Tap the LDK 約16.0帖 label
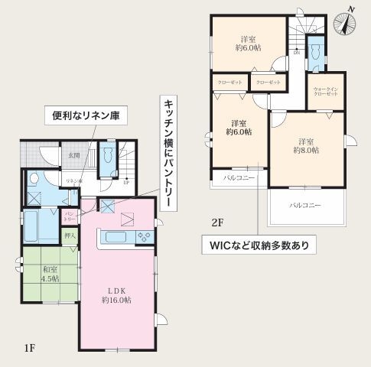(116, 295)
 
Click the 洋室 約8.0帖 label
(306, 146)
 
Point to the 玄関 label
(74, 155)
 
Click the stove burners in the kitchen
(143, 237)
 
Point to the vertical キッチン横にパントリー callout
(167, 153)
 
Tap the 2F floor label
(218, 222)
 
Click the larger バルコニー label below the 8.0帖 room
(305, 206)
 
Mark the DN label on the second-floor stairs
(296, 54)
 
